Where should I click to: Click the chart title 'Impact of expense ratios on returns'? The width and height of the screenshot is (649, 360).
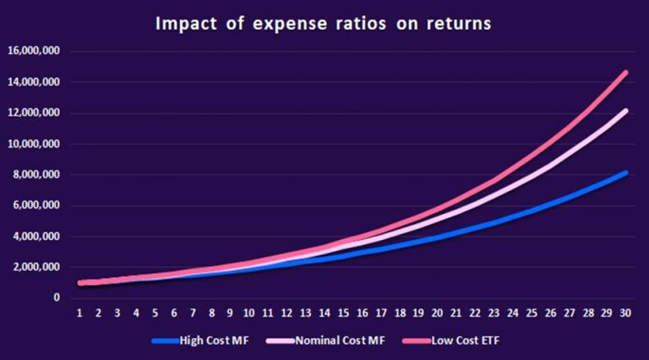click(323, 24)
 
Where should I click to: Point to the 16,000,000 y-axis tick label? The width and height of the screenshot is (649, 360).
click(33, 51)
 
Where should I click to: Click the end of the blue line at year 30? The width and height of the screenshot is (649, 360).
click(624, 172)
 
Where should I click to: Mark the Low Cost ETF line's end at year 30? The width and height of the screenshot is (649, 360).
click(624, 73)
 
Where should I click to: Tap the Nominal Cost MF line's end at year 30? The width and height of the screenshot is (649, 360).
click(624, 111)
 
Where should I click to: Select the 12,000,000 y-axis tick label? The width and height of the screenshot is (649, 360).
click(33, 112)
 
